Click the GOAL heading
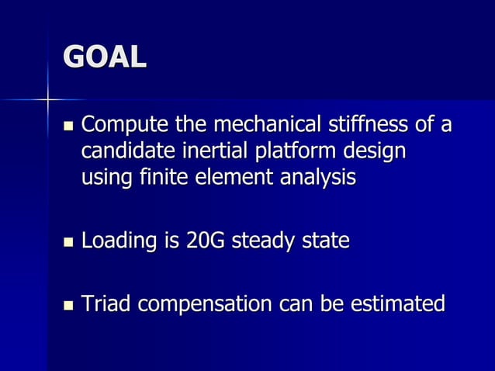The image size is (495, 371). coord(104,59)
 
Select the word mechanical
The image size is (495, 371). coord(262,125)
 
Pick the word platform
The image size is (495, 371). coord(281,151)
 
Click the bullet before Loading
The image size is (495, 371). coord(68,243)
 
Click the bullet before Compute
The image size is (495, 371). coord(68,127)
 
